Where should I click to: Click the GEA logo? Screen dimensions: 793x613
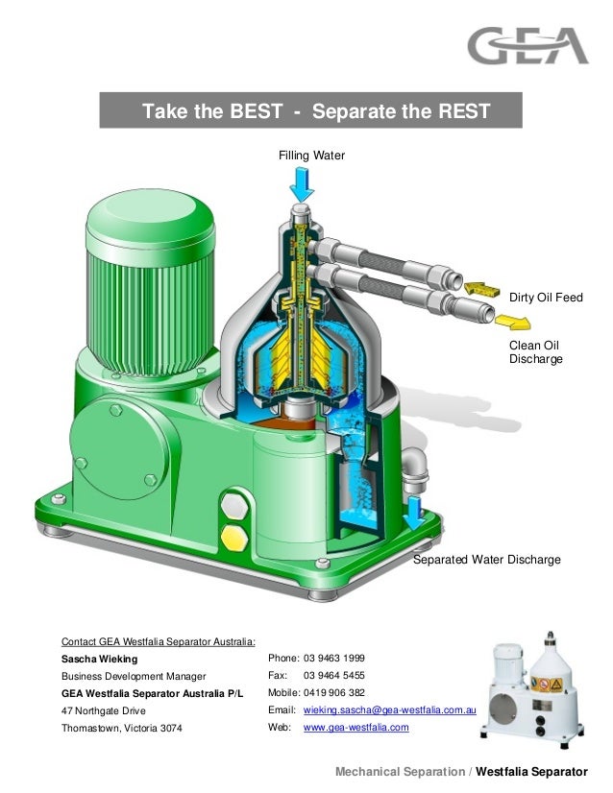click(x=527, y=46)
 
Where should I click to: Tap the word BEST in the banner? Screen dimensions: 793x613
click(x=256, y=111)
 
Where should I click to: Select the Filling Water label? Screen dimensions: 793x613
click(x=311, y=156)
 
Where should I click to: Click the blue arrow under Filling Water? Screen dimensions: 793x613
click(x=301, y=180)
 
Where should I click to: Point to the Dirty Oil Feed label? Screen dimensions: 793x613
click(x=546, y=299)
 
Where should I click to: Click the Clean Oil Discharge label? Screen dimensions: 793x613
click(x=534, y=351)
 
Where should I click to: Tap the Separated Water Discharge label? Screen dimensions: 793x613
click(x=486, y=559)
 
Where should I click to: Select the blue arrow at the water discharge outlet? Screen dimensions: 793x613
click(x=414, y=513)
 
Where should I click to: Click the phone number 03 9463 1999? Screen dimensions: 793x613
click(x=333, y=659)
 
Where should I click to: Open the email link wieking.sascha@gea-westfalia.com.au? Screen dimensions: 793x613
click(x=390, y=710)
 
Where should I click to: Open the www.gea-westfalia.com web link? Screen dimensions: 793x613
click(x=356, y=728)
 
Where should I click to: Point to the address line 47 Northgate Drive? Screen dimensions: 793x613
click(x=103, y=711)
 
